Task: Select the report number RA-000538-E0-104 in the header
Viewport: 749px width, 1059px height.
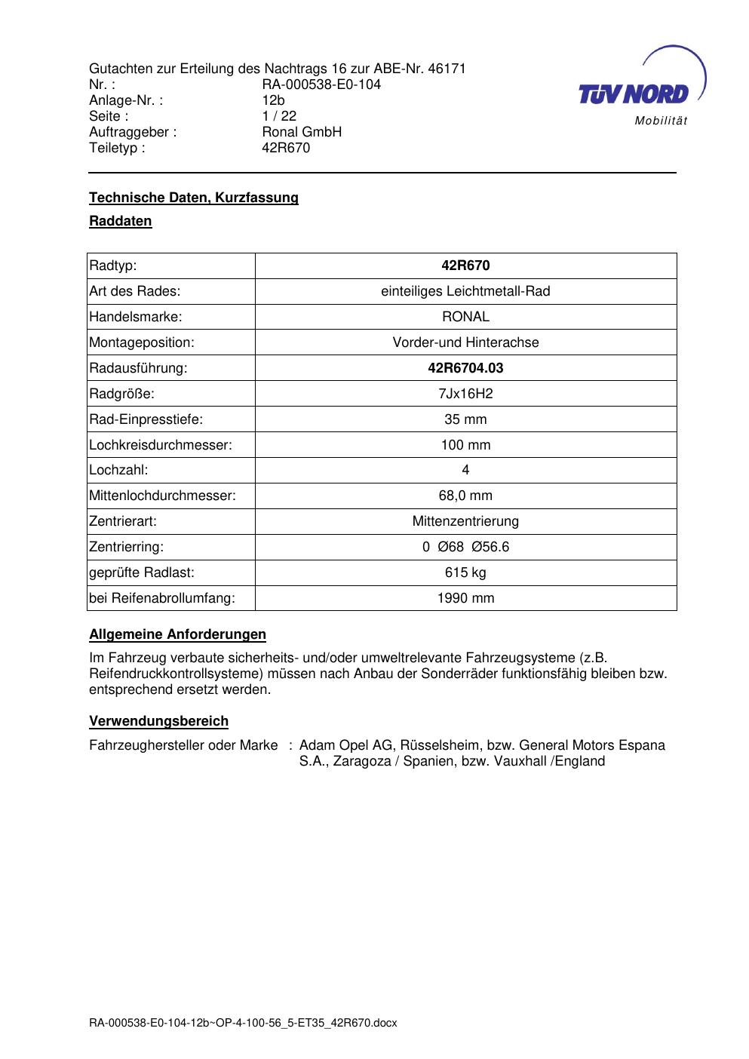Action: click(x=321, y=84)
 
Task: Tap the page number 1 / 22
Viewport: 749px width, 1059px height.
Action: click(x=279, y=116)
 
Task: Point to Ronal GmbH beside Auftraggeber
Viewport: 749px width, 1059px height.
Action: click(x=302, y=132)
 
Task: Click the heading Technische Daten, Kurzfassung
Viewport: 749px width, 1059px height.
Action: click(x=194, y=198)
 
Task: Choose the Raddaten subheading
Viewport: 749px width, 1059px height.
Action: click(x=121, y=221)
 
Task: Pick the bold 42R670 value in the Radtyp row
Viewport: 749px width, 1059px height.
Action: click(x=465, y=266)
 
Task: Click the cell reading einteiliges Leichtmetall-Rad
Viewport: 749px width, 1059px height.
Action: click(x=465, y=291)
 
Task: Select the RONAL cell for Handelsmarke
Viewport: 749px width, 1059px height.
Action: click(x=465, y=317)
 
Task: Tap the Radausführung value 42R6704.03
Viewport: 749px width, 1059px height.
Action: click(x=465, y=368)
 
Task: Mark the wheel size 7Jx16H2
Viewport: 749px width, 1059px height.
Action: click(x=465, y=394)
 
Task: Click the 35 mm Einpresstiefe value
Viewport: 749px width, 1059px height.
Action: click(x=465, y=419)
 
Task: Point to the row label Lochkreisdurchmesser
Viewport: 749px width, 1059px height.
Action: click(x=161, y=445)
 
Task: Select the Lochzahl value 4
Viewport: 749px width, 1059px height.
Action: click(x=465, y=470)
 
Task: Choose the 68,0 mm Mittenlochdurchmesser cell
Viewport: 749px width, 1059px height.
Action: click(x=465, y=496)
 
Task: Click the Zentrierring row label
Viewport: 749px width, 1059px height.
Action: click(x=126, y=547)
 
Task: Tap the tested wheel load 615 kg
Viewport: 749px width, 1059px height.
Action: click(x=465, y=572)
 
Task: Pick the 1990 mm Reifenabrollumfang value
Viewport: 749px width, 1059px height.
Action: click(x=465, y=598)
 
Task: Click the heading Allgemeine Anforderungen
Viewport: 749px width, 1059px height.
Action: click(x=177, y=634)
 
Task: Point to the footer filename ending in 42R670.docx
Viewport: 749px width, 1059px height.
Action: click(x=243, y=1024)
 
